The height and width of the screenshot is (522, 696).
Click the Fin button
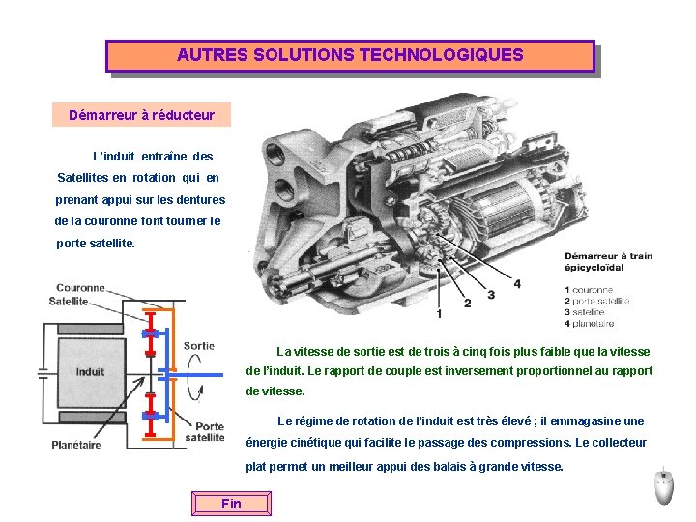pyautogui.click(x=232, y=504)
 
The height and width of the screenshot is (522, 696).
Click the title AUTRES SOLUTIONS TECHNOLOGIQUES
pyautogui.click(x=350, y=55)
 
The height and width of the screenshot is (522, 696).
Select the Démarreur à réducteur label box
pyautogui.click(x=141, y=115)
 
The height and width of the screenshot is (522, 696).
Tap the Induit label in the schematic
pyautogui.click(x=90, y=371)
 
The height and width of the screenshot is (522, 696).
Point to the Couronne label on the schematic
pyautogui.click(x=80, y=287)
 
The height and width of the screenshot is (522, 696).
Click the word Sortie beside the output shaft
pyautogui.click(x=198, y=345)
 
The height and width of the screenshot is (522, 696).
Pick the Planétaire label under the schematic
pyautogui.click(x=76, y=445)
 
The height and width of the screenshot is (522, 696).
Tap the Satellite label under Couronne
pyautogui.click(x=69, y=301)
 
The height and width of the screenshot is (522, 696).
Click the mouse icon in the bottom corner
pyautogui.click(x=664, y=487)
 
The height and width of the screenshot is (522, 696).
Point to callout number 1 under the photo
pyautogui.click(x=440, y=314)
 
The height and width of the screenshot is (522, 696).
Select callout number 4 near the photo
pyautogui.click(x=517, y=284)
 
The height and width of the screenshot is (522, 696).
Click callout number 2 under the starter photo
pyautogui.click(x=467, y=304)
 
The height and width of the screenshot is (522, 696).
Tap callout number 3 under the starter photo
pyautogui.click(x=491, y=294)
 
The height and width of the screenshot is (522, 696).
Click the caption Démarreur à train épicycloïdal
pyautogui.click(x=608, y=262)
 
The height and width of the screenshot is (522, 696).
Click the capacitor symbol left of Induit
pyautogui.click(x=43, y=371)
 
